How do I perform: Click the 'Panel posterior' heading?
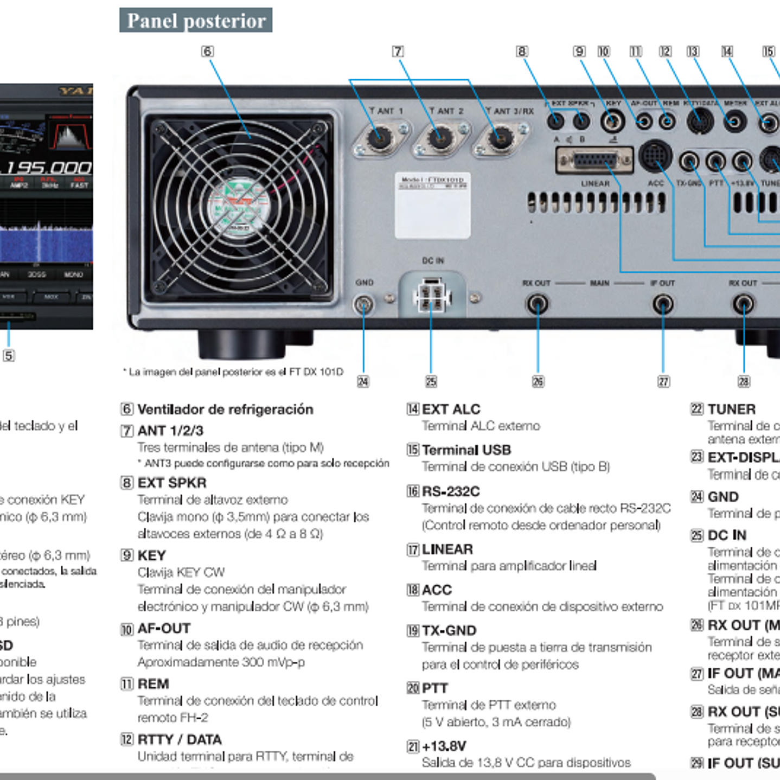click(196, 21)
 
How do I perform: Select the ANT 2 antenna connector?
click(440, 138)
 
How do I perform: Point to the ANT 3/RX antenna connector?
click(500, 138)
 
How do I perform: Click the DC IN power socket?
click(431, 297)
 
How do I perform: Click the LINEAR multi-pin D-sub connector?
click(594, 161)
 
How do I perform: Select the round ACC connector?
click(655, 156)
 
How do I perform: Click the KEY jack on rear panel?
click(612, 121)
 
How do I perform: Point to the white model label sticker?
click(432, 206)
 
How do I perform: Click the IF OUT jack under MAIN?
click(663, 304)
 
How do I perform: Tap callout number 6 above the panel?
click(207, 52)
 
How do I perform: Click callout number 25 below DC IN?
click(431, 381)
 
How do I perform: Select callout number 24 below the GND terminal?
click(363, 381)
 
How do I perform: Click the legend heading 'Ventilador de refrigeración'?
click(225, 410)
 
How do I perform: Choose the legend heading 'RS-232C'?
click(450, 491)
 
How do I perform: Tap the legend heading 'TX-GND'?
click(449, 630)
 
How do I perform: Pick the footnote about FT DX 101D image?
click(233, 372)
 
